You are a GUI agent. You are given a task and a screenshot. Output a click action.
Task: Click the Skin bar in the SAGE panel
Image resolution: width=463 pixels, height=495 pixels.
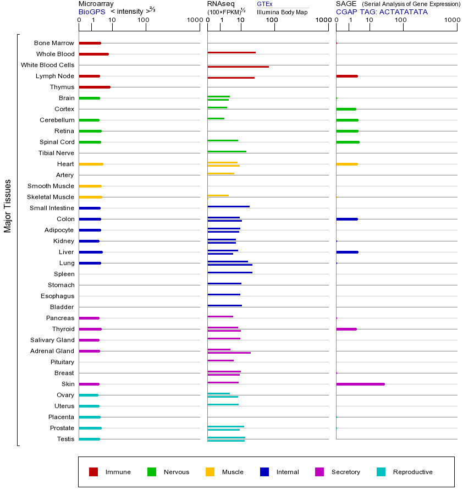click(360, 384)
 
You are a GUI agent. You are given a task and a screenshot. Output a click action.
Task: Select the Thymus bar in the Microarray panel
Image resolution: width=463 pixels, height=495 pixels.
click(95, 87)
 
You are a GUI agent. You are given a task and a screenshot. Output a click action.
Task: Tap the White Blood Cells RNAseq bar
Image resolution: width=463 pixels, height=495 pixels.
click(238, 67)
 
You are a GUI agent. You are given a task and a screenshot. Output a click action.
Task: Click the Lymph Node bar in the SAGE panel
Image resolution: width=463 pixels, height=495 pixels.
click(347, 76)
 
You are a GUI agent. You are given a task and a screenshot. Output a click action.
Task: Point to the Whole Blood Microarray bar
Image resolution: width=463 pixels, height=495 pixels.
click(94, 54)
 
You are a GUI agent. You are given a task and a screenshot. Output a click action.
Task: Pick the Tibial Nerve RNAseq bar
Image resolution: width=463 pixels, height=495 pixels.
click(227, 151)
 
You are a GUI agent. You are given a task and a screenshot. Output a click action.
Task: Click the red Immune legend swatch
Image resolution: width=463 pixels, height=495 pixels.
click(93, 472)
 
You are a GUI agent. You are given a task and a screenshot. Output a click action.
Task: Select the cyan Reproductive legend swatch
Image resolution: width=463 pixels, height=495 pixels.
click(381, 472)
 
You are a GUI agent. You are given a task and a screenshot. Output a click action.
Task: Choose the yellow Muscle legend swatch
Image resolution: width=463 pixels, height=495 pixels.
click(210, 472)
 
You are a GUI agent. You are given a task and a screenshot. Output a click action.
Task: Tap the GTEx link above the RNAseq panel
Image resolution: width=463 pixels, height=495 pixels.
click(264, 4)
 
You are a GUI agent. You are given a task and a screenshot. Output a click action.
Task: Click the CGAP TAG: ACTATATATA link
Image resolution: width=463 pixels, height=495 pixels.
click(382, 12)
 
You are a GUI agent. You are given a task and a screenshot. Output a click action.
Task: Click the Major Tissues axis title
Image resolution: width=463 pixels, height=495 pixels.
click(8, 206)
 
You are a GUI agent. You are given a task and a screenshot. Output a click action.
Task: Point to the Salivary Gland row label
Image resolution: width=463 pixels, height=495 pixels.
click(52, 340)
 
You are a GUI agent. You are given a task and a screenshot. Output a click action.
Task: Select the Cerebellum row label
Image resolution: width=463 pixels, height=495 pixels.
click(57, 120)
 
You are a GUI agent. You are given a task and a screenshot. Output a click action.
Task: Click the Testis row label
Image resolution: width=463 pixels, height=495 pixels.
click(65, 439)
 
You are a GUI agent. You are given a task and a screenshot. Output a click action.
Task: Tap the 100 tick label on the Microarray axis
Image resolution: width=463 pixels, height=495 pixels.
click(144, 20)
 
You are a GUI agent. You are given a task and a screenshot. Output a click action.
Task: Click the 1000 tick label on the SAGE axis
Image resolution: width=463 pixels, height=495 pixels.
click(452, 20)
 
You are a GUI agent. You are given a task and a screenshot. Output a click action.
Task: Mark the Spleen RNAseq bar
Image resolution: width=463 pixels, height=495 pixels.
click(230, 272)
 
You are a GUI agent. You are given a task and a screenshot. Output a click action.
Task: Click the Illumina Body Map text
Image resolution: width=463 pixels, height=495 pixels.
click(282, 12)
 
